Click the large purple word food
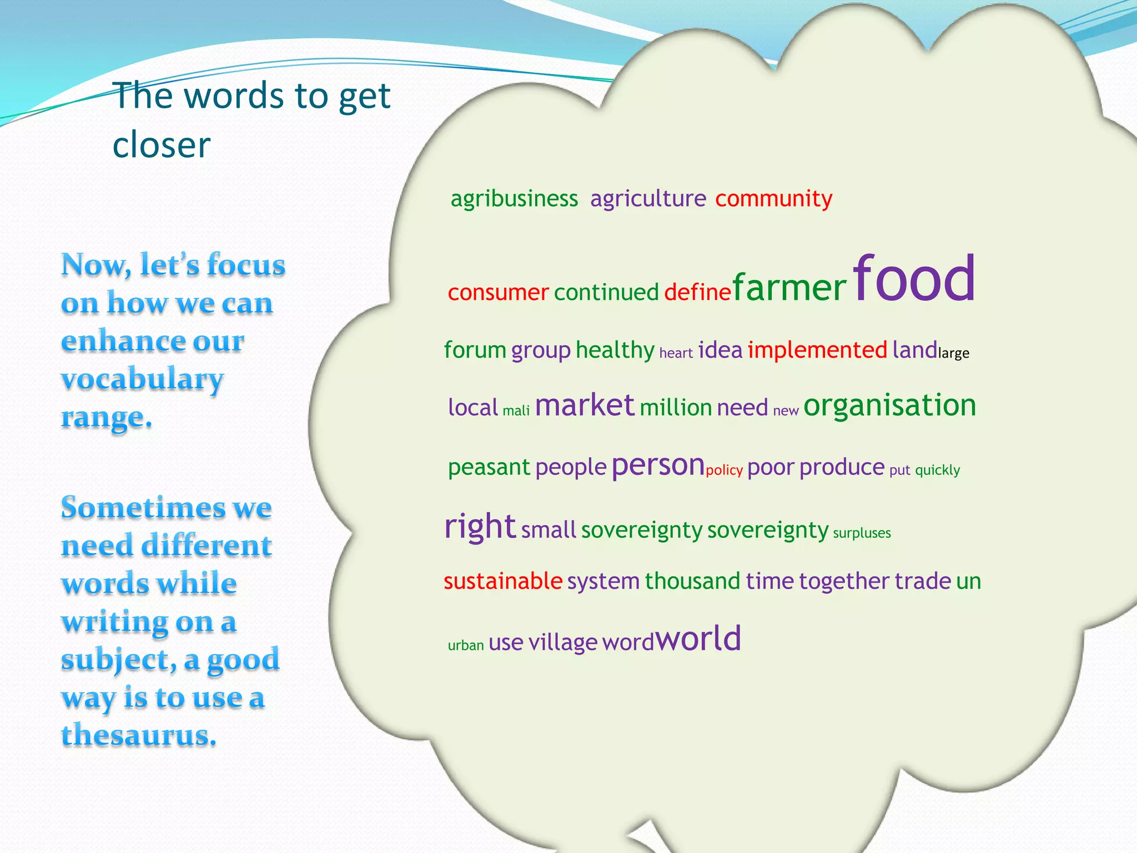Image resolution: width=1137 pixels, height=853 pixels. [914, 279]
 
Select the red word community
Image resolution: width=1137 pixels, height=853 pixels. [773, 199]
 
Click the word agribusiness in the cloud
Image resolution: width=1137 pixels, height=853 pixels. [514, 199]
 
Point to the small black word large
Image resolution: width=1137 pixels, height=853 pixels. [953, 353]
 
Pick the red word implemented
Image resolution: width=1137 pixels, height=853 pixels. [817, 350]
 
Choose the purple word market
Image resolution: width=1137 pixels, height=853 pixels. [584, 405]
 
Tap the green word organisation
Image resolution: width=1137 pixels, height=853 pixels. [889, 405]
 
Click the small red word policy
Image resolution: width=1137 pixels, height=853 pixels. [724, 470]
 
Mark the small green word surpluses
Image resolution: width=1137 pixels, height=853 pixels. [862, 533]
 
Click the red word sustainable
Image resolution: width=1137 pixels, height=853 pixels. [503, 581]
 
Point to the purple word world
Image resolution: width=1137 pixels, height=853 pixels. [698, 639]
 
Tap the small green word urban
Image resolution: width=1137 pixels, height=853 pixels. [466, 645]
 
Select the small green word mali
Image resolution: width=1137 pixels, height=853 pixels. [516, 411]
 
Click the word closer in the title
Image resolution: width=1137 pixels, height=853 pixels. [162, 145]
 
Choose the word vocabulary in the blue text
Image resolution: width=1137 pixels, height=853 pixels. [142, 379]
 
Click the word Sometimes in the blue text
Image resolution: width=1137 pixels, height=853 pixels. [142, 508]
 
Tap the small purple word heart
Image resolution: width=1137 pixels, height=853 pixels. [676, 353]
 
